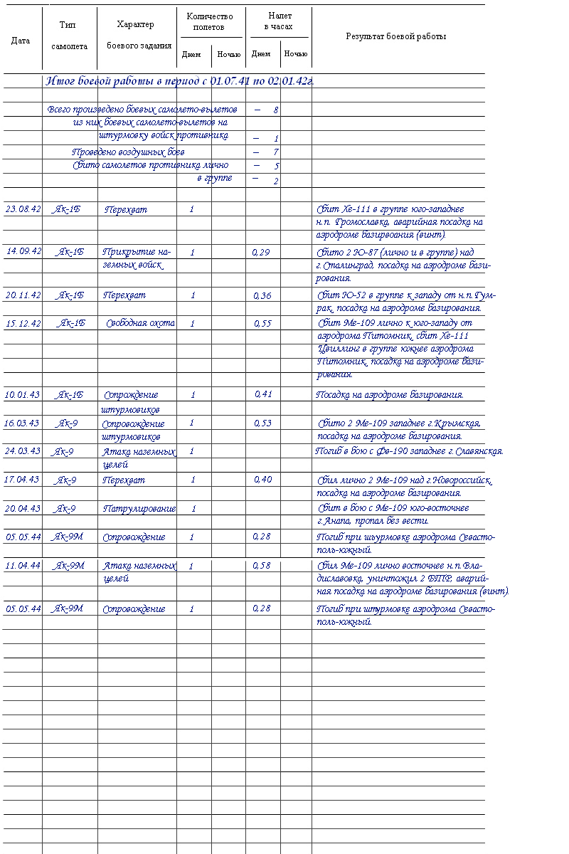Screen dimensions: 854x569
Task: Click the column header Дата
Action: pos(21,41)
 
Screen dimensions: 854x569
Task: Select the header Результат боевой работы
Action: pos(396,36)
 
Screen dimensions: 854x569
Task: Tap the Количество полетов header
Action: pos(209,22)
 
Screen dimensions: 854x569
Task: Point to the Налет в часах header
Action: pos(279,21)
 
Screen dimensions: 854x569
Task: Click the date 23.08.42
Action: pos(23,209)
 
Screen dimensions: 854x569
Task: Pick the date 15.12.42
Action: pos(23,323)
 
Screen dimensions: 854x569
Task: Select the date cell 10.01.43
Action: pos(23,394)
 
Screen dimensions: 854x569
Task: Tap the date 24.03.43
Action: pos(23,451)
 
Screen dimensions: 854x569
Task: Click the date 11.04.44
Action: pos(23,566)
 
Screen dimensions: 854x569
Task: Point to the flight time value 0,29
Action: pos(261,252)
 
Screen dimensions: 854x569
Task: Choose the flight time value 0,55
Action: pos(262,323)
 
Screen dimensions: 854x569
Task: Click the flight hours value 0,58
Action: pos(261,566)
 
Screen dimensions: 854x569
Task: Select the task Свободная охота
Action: pos(140,323)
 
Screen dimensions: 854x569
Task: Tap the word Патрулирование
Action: pos(139,509)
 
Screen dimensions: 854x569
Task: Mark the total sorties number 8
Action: pos(275,110)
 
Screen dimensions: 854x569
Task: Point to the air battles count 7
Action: pos(275,152)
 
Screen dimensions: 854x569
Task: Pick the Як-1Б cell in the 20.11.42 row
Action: pos(70,295)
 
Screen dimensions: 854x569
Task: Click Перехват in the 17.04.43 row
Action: pos(124,480)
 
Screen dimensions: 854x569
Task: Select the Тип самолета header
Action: pos(69,36)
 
